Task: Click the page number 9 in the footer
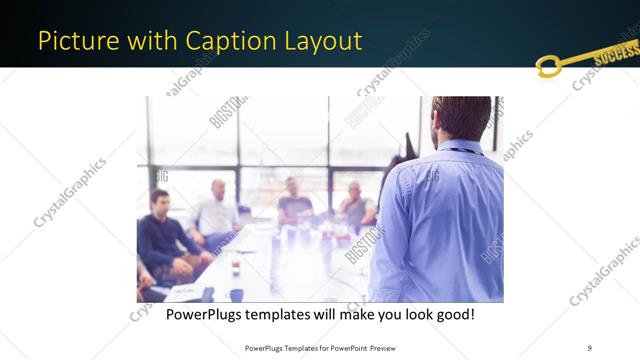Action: [589, 347]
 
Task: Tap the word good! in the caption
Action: [453, 316]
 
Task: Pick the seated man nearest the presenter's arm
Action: [356, 205]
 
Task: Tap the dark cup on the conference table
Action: [234, 267]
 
